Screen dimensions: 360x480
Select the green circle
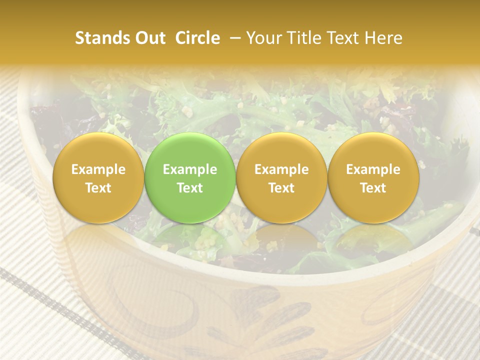coord(189,178)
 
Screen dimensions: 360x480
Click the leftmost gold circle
coord(98,178)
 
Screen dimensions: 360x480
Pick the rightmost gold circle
coord(373,178)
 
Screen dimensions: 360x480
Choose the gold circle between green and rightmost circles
coord(281,178)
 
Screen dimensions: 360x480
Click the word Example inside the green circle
coord(190,169)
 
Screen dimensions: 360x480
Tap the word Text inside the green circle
coord(190,188)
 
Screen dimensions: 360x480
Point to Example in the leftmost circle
coord(98,169)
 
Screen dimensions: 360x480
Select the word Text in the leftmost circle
coord(98,188)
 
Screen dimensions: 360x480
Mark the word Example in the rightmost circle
coord(373,169)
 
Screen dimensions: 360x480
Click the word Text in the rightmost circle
coord(373,188)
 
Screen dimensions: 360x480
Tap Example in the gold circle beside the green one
coord(281,169)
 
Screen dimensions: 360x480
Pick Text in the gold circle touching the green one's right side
coord(281,188)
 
